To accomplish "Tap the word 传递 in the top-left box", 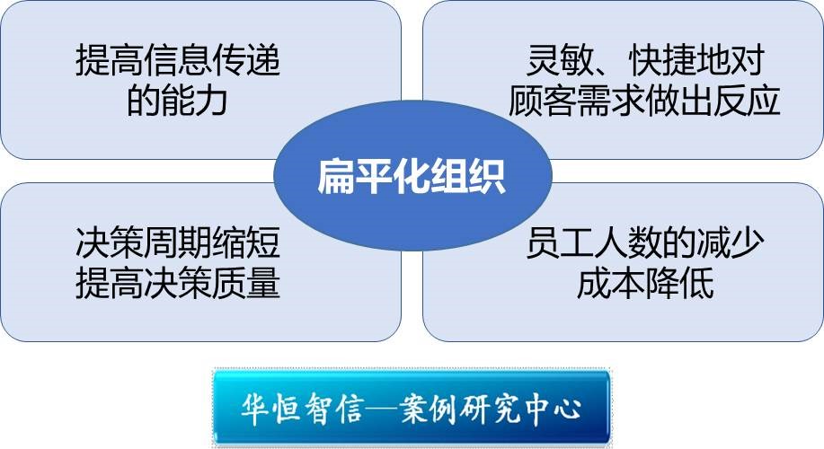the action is [246, 60].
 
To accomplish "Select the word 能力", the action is [194, 101].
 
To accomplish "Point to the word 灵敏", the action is [560, 60].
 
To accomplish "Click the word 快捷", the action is [662, 60].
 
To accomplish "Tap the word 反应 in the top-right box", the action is [747, 101].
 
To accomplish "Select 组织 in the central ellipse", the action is [468, 176].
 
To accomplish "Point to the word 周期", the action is [178, 242].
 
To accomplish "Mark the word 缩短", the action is [246, 242].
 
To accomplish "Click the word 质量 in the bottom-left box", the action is [246, 283].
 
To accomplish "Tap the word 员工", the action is [560, 242].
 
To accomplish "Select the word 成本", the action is [611, 283].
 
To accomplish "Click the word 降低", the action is [679, 283].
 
